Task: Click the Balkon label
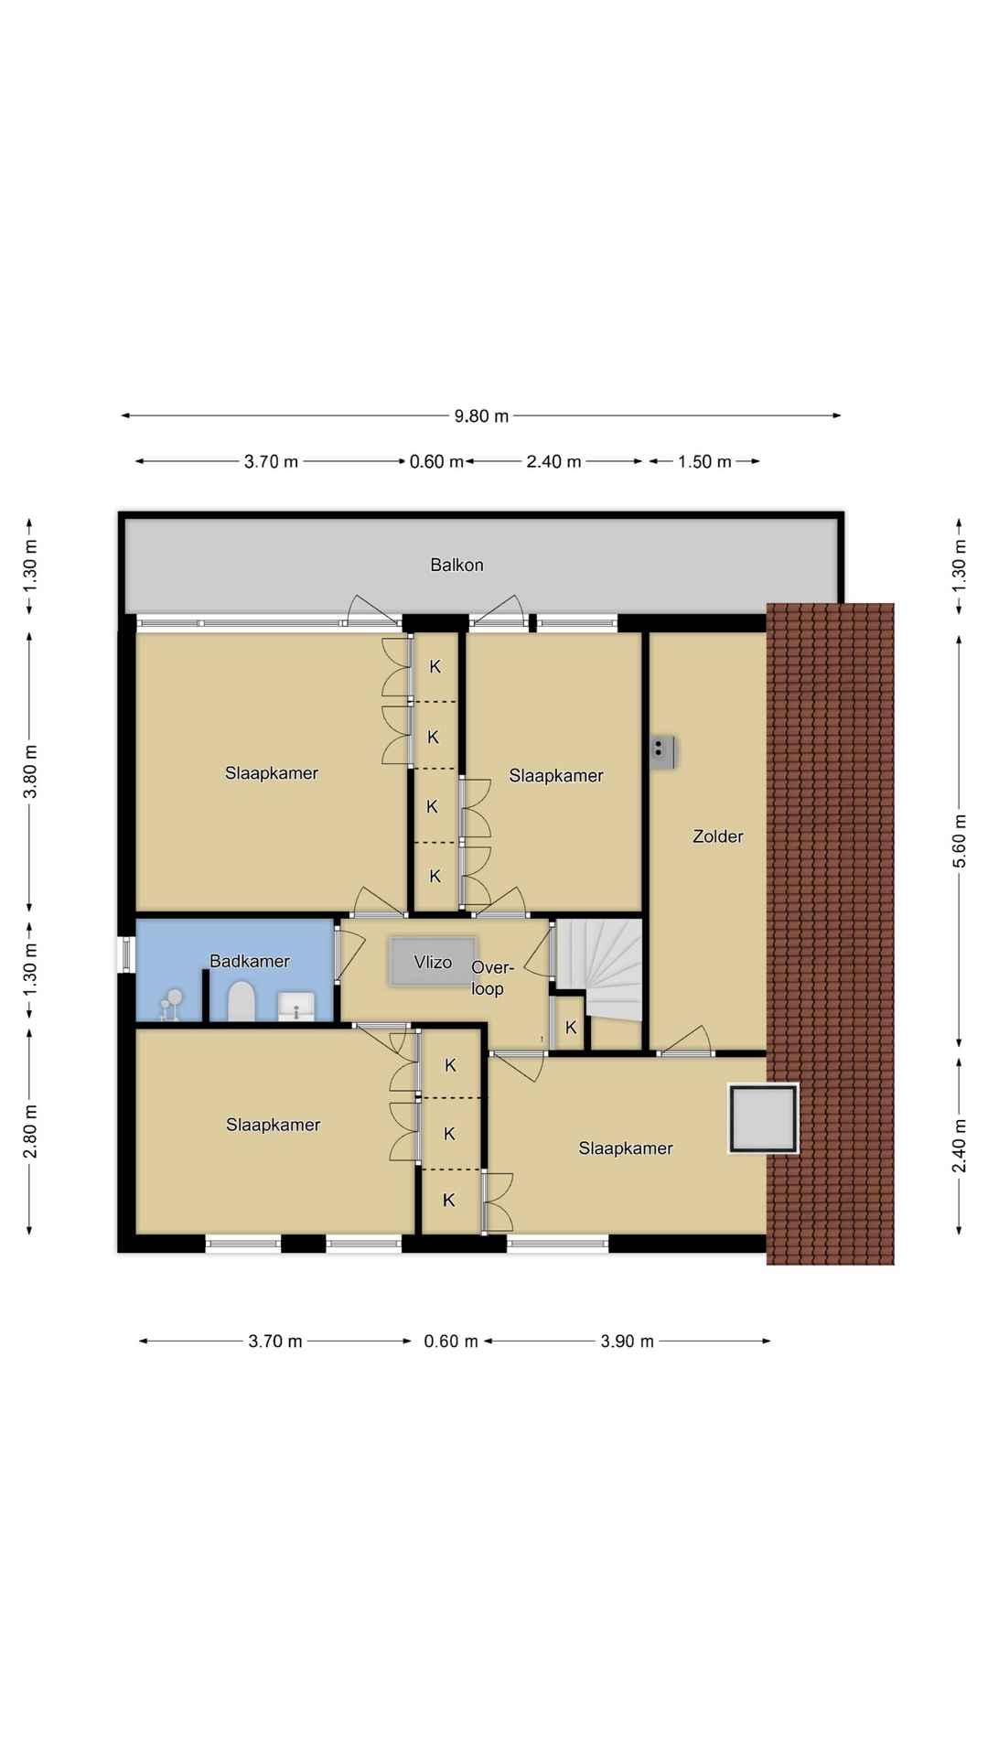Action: [456, 565]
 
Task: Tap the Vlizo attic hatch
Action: [433, 961]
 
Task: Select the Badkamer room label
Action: [250, 961]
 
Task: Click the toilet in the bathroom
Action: [241, 1001]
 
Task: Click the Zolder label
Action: [718, 835]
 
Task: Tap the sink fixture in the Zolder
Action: [662, 751]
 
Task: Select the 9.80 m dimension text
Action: [481, 416]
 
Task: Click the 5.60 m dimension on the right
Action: [959, 840]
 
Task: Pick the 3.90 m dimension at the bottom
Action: [628, 1342]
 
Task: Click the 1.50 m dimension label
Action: [704, 462]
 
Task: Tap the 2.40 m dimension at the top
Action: [553, 462]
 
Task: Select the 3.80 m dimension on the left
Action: [30, 771]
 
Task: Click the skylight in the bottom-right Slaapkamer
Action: [763, 1117]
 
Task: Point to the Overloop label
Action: [492, 978]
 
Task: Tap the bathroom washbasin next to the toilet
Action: [295, 1006]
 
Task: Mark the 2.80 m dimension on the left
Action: [30, 1131]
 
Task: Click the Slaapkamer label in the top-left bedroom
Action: [272, 773]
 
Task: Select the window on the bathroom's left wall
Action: [127, 953]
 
